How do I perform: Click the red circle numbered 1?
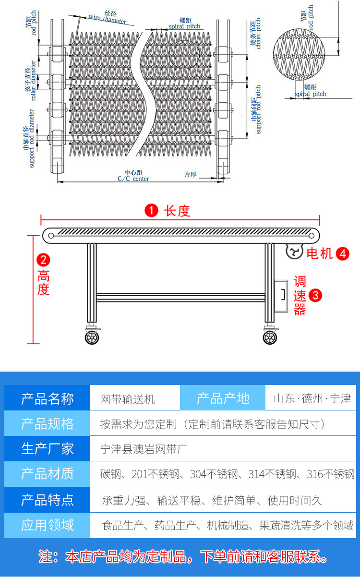151,211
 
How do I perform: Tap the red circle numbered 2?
44,260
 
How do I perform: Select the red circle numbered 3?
315,295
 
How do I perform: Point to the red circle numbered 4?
342,253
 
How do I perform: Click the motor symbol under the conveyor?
294,251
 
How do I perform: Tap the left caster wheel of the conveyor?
91,337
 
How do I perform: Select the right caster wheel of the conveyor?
270,337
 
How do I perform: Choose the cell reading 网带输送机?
127,399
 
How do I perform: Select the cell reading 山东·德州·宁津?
312,398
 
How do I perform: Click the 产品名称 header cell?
47,398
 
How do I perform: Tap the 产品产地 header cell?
223,398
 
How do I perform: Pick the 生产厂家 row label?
47,449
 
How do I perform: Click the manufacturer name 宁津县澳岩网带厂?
144,449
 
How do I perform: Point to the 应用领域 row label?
47,525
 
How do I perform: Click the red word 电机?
320,253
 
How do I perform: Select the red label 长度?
177,211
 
